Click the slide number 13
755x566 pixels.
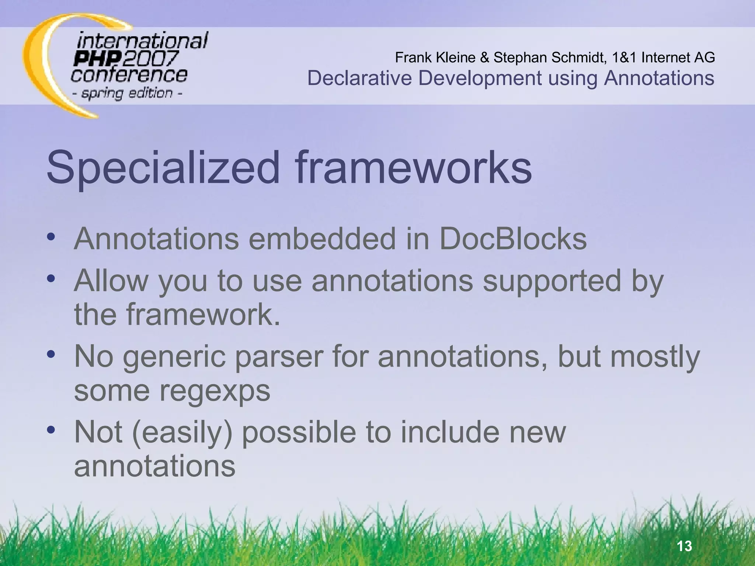click(x=685, y=546)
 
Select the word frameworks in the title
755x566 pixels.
click(x=413, y=168)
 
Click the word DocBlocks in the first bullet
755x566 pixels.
click(x=513, y=239)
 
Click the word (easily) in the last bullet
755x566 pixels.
click(x=182, y=432)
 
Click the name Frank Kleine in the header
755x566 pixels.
click(x=435, y=57)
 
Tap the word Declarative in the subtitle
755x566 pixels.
click(x=359, y=78)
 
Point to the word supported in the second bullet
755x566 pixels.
click(x=552, y=281)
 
